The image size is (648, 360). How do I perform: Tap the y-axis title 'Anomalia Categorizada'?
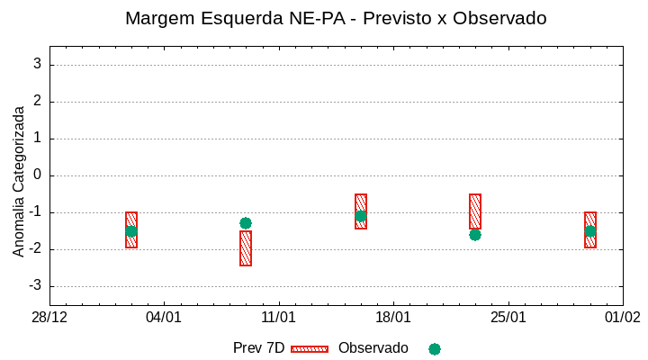click(x=19, y=181)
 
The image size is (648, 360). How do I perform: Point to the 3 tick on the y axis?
click(x=38, y=65)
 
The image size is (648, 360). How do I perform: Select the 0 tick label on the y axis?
click(x=38, y=175)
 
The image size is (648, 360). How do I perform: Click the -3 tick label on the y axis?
click(x=35, y=286)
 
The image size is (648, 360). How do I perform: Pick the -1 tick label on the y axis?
click(x=35, y=212)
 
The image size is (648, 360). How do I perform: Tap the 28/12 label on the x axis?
click(x=49, y=318)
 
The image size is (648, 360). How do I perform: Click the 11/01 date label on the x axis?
click(x=279, y=318)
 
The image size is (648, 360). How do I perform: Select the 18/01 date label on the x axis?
click(x=393, y=318)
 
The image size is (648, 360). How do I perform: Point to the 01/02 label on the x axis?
click(x=623, y=318)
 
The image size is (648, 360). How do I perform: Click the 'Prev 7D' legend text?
click(x=258, y=348)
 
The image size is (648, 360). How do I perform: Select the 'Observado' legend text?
click(x=373, y=348)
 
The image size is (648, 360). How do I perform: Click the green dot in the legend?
click(x=435, y=349)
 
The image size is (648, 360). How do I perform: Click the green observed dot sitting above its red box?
click(x=246, y=223)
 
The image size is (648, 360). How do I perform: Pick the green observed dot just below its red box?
click(x=475, y=235)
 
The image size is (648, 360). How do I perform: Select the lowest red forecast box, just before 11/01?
click(x=246, y=248)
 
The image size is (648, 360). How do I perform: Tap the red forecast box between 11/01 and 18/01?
click(x=361, y=211)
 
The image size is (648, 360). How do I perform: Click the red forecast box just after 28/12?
click(x=131, y=229)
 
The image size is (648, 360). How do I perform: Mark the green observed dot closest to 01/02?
click(x=590, y=231)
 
